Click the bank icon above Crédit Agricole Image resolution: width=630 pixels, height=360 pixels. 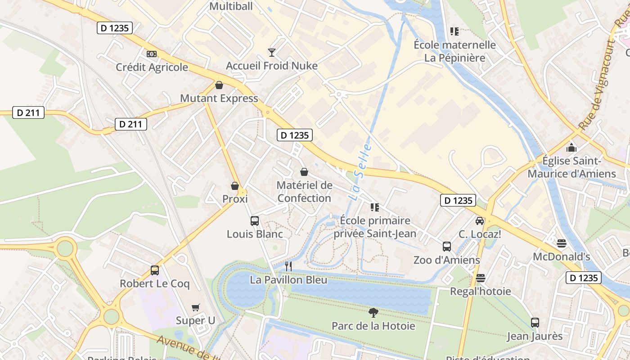tap(152, 54)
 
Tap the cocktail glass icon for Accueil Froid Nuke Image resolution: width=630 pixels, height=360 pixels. tap(272, 53)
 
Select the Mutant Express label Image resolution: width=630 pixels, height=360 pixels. tap(219, 98)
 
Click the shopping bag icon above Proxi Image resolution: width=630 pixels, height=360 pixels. tap(235, 186)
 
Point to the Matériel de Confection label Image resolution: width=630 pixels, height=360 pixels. tap(305, 192)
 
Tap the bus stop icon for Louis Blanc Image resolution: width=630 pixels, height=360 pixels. tap(255, 221)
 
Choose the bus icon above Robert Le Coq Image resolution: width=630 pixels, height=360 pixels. tap(155, 270)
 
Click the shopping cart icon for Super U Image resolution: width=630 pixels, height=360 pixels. tap(195, 308)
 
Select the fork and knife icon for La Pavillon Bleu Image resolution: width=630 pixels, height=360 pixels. tap(288, 266)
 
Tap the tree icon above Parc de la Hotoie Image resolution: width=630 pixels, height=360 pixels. tap(373, 312)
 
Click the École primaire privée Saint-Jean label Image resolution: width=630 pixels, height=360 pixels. tap(375, 227)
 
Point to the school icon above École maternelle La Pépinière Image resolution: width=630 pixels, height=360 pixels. tap(454, 31)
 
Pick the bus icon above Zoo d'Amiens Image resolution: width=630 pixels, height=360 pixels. tap(447, 247)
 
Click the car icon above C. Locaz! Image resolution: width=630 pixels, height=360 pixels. tap(480, 221)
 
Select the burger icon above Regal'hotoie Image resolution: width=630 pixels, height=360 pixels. tap(481, 278)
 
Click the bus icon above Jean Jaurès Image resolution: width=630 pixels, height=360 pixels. tap(535, 323)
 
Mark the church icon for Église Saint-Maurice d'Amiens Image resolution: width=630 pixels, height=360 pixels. tap(571, 148)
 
